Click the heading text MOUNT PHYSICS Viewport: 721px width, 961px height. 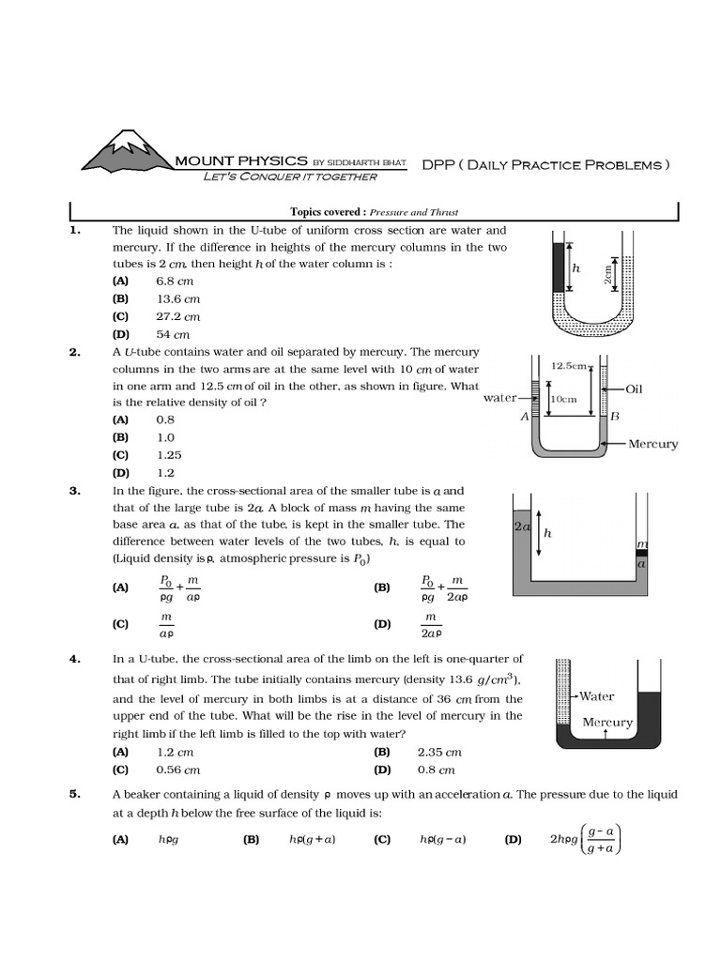(x=241, y=161)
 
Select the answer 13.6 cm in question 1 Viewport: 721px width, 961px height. (x=178, y=299)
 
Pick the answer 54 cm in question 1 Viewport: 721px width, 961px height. (x=173, y=334)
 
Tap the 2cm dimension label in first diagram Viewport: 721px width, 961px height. (x=607, y=271)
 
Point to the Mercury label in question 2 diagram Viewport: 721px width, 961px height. (x=652, y=444)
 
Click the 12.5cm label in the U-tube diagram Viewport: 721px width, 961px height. (x=569, y=365)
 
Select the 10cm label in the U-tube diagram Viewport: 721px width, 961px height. (x=562, y=398)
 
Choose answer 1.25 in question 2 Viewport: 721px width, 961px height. (x=169, y=455)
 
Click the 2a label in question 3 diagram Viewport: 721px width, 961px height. (x=522, y=527)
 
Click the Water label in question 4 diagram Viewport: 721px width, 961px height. (x=596, y=696)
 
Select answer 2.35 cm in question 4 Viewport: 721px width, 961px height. (x=439, y=752)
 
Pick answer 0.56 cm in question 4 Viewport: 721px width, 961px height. (x=178, y=770)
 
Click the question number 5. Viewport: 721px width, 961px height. (x=75, y=794)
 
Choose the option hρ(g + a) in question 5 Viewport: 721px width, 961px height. (x=311, y=840)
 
